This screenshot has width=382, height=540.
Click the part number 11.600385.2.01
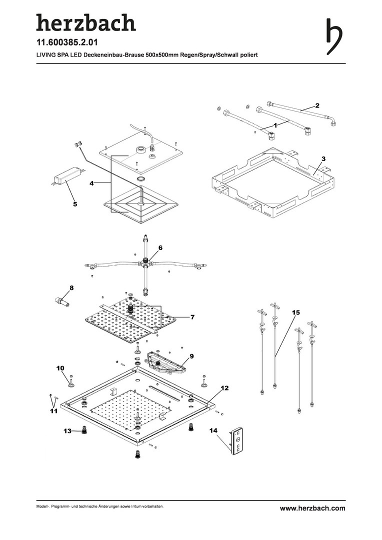click(67, 42)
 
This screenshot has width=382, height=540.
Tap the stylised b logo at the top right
click(334, 36)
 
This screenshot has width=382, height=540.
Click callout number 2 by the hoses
click(317, 105)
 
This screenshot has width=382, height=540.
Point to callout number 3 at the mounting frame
click(323, 158)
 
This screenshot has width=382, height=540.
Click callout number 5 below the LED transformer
click(75, 204)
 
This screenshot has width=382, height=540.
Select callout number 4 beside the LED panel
click(91, 183)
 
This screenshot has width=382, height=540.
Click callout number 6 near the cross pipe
click(160, 247)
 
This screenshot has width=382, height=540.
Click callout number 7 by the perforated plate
click(192, 317)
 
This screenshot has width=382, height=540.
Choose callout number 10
click(60, 368)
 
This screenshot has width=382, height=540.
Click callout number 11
click(53, 411)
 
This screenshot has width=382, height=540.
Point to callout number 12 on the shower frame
click(224, 388)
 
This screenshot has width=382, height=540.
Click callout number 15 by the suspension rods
click(296, 312)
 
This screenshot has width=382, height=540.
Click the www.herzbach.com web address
click(312, 508)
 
